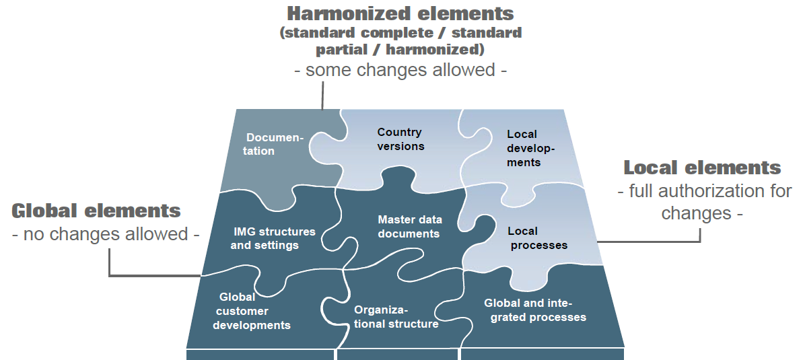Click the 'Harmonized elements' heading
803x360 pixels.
(400, 13)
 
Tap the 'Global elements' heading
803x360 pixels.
(96, 211)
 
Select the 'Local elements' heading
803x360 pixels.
(702, 168)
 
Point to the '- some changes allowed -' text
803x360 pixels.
(400, 70)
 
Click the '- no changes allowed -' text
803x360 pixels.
(106, 234)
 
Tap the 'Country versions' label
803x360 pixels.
(400, 139)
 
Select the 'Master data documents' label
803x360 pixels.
(409, 227)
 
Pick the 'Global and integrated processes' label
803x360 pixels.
(535, 310)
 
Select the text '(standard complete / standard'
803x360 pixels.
(400, 32)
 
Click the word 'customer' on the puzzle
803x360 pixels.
(242, 311)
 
